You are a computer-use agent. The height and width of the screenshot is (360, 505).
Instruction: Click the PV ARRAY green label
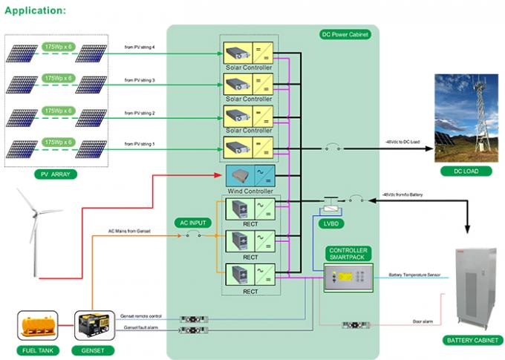pos(50,174)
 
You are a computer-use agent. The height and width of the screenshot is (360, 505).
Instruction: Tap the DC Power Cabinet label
pos(345,35)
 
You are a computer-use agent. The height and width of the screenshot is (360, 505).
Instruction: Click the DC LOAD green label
pos(467,171)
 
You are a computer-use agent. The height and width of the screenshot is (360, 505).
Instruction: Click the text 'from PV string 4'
pos(140,47)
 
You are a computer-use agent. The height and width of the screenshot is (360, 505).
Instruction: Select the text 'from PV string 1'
pos(140,145)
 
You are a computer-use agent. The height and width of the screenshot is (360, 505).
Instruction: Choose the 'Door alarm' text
pos(423,321)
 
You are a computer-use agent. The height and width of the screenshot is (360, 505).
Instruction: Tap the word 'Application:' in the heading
pos(34,10)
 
